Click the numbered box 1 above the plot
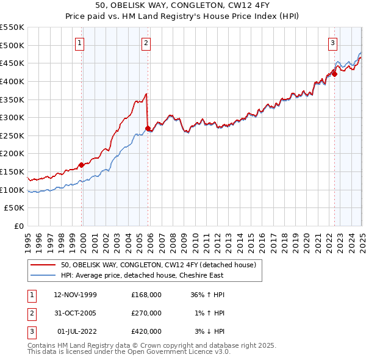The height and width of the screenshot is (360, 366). [81, 43]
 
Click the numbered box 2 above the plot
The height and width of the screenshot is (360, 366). [147, 43]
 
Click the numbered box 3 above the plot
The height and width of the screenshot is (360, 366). [333, 43]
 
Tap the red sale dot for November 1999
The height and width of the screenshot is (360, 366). [82, 164]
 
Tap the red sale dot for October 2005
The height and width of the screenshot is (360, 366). [148, 128]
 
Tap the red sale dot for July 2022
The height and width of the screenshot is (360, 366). [334, 73]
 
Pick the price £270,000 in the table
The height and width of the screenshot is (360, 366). [146, 313]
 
